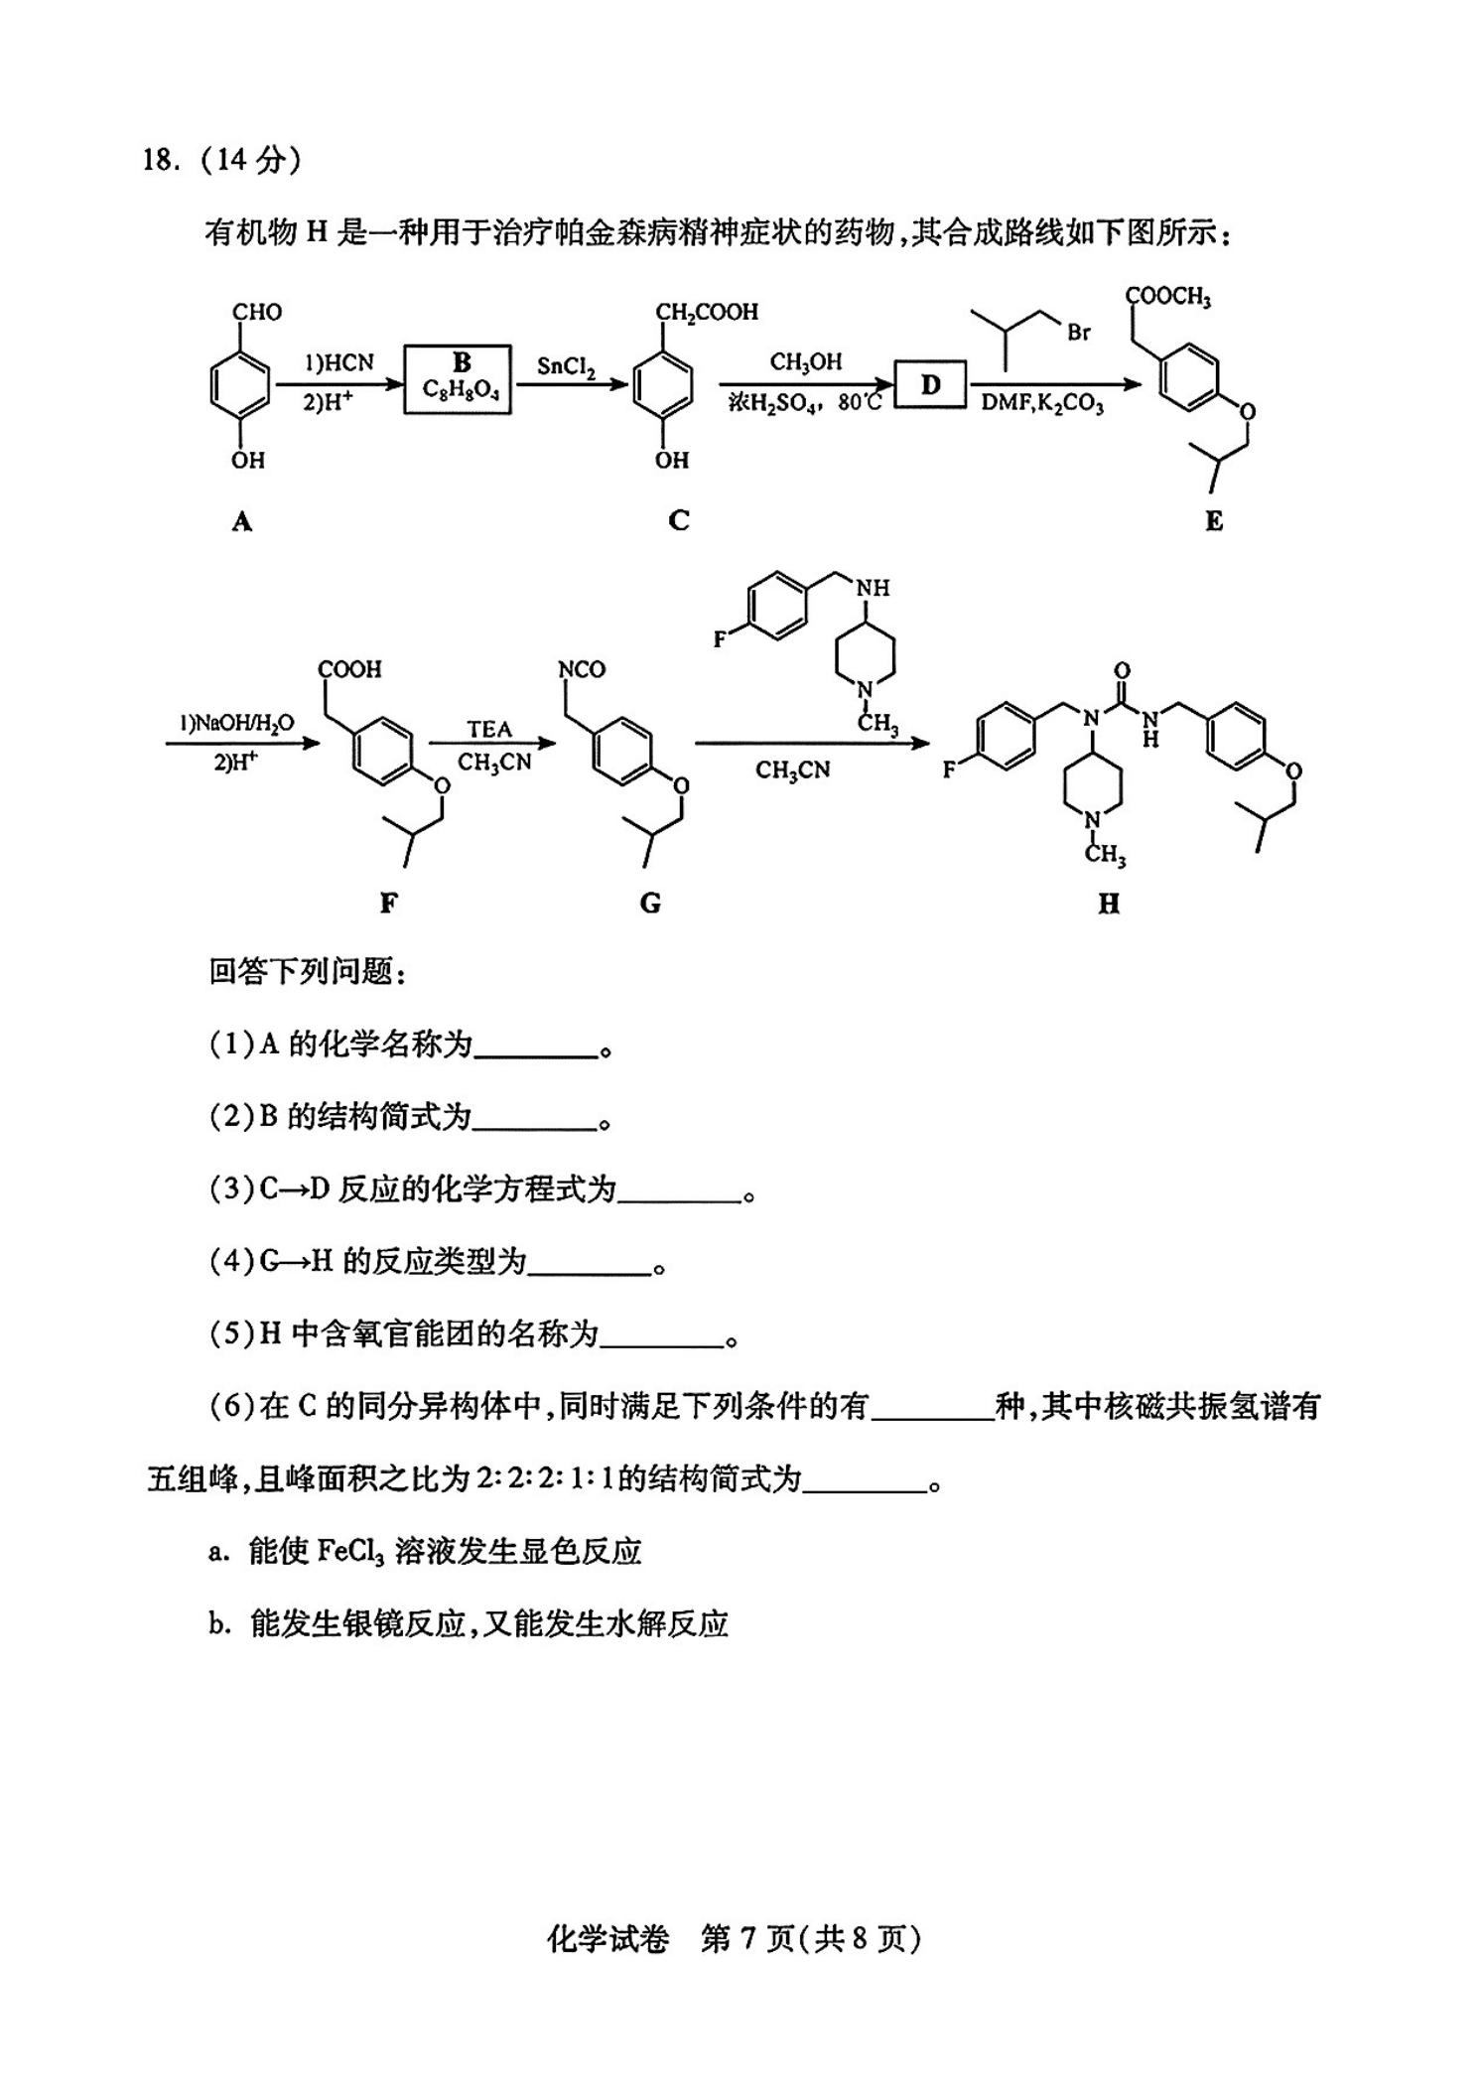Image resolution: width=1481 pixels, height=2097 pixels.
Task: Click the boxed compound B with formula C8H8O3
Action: pyautogui.click(x=458, y=379)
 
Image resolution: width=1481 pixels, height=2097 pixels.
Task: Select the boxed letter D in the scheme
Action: pyautogui.click(x=930, y=384)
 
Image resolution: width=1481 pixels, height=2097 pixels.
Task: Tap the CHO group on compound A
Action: pyautogui.click(x=257, y=313)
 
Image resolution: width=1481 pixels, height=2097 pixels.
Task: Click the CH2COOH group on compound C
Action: pyautogui.click(x=708, y=313)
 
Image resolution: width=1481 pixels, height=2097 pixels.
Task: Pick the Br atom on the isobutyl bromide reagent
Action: pyautogui.click(x=1079, y=333)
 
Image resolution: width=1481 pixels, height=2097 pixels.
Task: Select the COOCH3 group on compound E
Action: pyautogui.click(x=1168, y=296)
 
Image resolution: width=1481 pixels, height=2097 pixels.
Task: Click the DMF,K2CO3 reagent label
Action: pyautogui.click(x=1042, y=404)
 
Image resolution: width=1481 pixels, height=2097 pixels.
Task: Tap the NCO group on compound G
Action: pyautogui.click(x=583, y=669)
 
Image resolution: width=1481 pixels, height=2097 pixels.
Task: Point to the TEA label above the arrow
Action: pyautogui.click(x=489, y=730)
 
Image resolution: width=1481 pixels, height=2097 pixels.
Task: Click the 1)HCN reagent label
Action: pyautogui.click(x=339, y=363)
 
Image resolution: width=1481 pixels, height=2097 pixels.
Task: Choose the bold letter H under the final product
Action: pyautogui.click(x=1109, y=904)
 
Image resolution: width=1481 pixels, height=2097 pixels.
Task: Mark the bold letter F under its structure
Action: pyautogui.click(x=388, y=903)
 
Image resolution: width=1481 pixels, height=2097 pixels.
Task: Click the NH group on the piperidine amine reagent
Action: pyautogui.click(x=873, y=588)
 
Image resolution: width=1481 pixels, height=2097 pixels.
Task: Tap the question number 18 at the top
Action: pyautogui.click(x=159, y=159)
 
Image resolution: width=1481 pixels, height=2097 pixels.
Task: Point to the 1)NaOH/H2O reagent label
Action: pyautogui.click(x=236, y=723)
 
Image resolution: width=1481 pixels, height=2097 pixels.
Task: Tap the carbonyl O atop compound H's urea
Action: pyautogui.click(x=1122, y=671)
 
